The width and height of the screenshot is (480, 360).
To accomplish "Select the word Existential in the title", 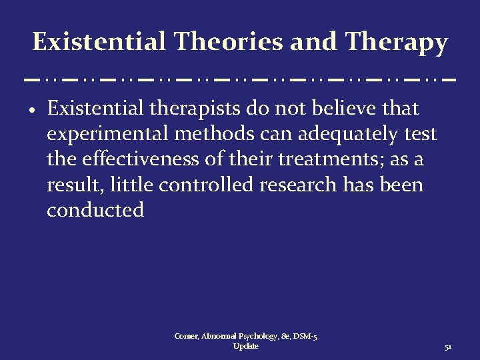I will coord(99,42).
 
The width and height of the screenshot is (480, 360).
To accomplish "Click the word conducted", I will coord(95,211).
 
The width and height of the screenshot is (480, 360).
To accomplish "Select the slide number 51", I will coord(448,348).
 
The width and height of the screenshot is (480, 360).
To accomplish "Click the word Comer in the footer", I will coord(186,337).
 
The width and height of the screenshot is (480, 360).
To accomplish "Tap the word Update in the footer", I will coord(246,347).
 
